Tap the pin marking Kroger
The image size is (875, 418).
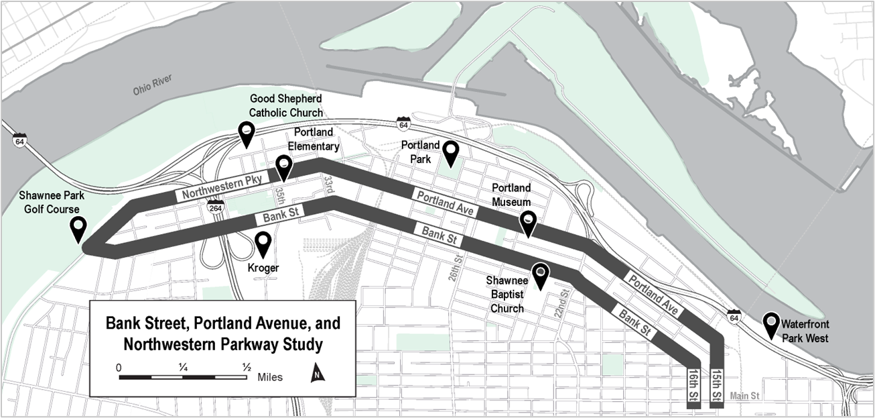pyautogui.click(x=263, y=244)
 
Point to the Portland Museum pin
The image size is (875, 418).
pyautogui.click(x=529, y=224)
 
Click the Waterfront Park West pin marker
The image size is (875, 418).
pyautogui.click(x=771, y=325)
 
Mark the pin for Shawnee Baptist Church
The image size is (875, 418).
pyautogui.click(x=540, y=276)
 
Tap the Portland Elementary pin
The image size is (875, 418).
pyautogui.click(x=284, y=168)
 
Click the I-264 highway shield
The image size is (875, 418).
pyautogui.click(x=215, y=207)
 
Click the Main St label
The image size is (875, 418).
pyautogui.click(x=744, y=396)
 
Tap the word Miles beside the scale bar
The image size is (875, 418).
pyautogui.click(x=270, y=377)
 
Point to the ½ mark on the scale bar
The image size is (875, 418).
pyautogui.click(x=247, y=367)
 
